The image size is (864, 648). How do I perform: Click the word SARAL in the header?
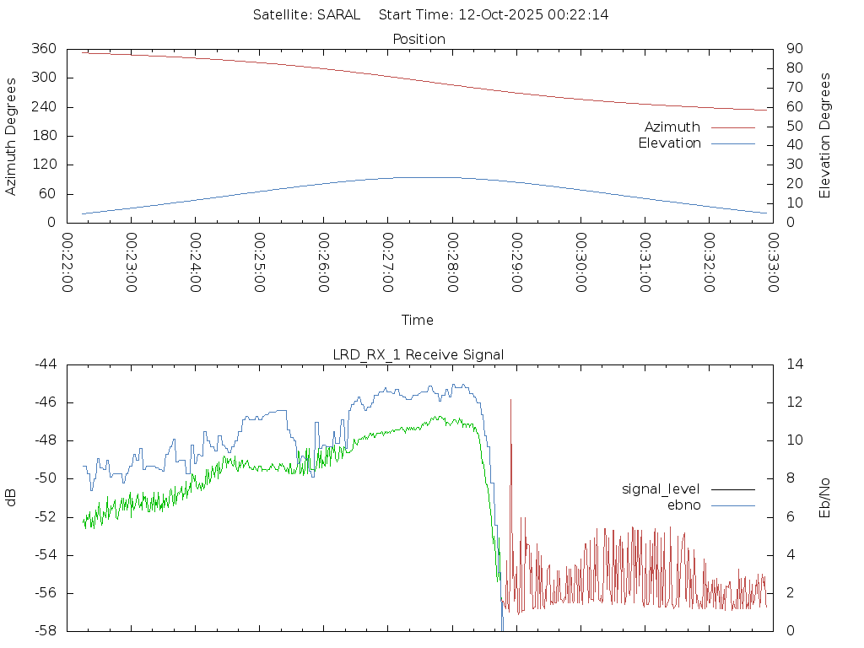pos(338,14)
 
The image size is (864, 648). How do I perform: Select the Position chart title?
pos(418,39)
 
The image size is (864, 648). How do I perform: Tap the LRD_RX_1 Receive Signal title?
pos(418,354)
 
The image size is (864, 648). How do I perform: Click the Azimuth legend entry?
pos(672,127)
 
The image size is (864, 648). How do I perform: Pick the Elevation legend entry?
pos(669,143)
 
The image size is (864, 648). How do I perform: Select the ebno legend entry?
pos(683,505)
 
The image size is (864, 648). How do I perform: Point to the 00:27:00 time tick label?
pos(388,262)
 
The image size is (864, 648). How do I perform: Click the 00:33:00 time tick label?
pos(773,262)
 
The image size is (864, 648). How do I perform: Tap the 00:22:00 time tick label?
pos(67,262)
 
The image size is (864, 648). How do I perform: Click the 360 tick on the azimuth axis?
pos(43,49)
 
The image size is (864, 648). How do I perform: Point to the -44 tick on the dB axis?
pos(46,364)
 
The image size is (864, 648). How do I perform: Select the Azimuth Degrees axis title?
pos(11,136)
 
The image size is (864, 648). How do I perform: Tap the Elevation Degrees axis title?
pos(825,136)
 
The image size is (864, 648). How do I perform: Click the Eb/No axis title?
pos(825,497)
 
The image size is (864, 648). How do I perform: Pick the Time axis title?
pos(418,320)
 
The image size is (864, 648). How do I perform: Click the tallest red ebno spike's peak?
pos(510,400)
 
